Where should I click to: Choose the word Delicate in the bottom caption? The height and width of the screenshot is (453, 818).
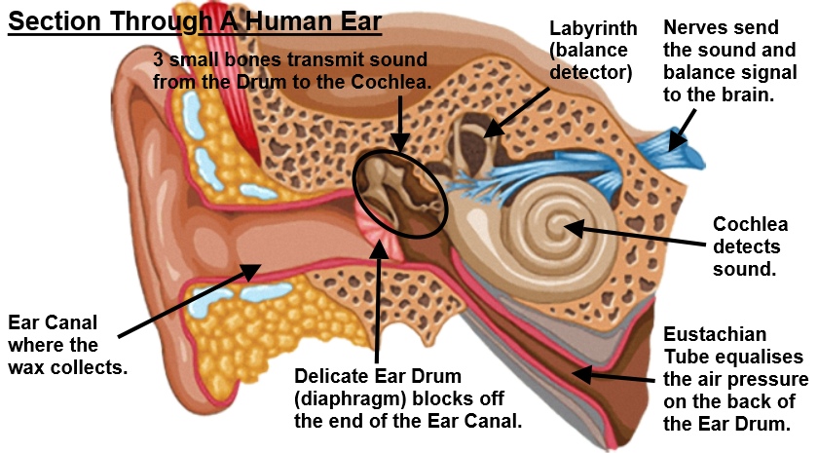[x=334, y=376]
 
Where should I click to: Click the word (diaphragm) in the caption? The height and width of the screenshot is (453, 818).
[x=348, y=398]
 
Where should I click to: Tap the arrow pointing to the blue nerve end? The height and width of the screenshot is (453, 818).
[x=681, y=125]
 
